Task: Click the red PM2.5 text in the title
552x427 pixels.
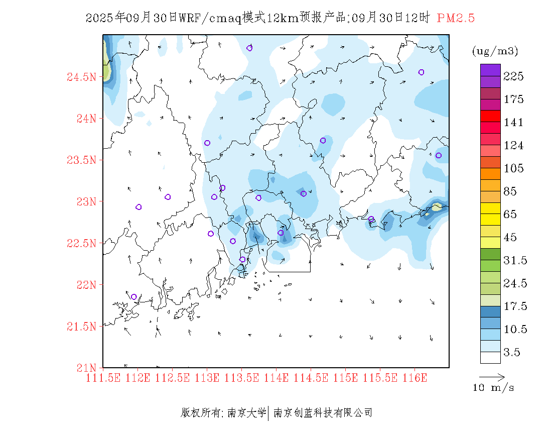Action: (x=456, y=18)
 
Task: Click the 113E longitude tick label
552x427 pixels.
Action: (x=207, y=377)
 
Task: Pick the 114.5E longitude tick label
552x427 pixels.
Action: (x=311, y=377)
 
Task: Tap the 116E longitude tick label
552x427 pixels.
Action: (x=415, y=377)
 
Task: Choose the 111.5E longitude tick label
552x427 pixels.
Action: (x=104, y=377)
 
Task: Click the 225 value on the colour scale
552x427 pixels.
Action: (x=514, y=76)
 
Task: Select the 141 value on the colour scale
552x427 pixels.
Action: (x=514, y=123)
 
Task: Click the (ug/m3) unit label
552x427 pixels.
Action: (x=495, y=51)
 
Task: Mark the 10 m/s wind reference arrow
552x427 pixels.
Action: (x=491, y=376)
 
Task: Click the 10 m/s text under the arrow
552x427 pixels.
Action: (x=494, y=388)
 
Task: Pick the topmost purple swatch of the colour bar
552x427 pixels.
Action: (x=490, y=70)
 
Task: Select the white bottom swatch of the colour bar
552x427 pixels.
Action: (x=490, y=357)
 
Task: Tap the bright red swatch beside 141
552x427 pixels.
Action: (x=490, y=116)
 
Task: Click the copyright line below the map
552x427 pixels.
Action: (x=277, y=413)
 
